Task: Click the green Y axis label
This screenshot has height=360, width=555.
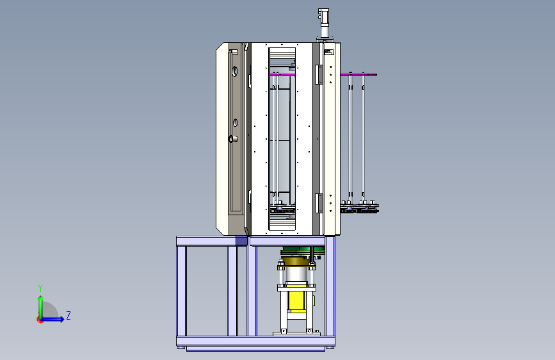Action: point(40,288)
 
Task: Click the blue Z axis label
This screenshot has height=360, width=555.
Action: point(68,315)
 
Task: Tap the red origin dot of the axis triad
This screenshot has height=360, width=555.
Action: point(40,320)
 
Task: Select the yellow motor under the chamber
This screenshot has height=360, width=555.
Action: point(296,301)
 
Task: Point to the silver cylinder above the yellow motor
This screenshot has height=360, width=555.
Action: point(296,275)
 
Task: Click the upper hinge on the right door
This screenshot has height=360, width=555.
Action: point(319,74)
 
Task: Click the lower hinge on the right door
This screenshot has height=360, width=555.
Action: point(319,204)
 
